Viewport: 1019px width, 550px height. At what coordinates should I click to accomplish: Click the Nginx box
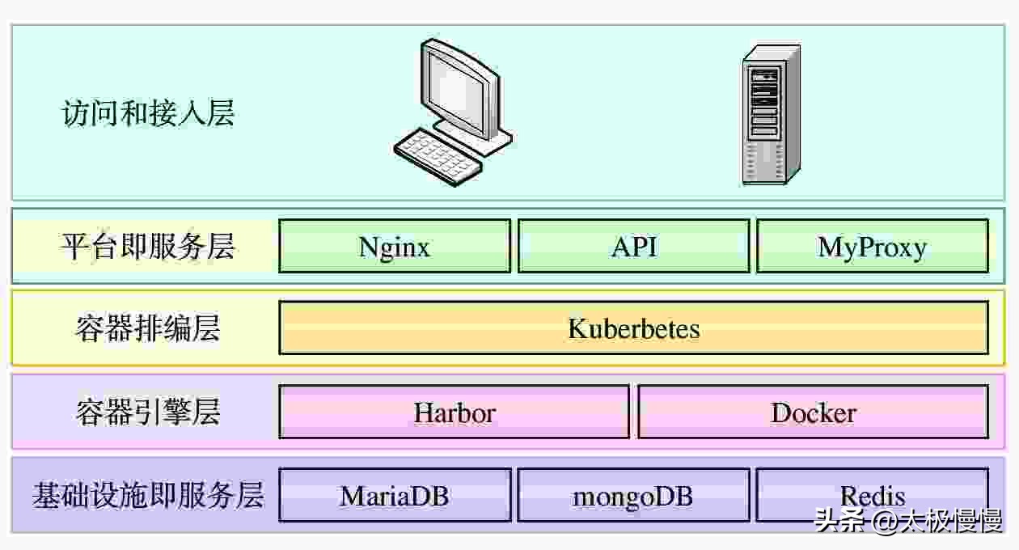click(395, 246)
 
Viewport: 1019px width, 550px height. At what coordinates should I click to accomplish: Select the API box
click(633, 246)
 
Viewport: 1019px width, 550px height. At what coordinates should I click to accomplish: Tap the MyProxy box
click(872, 246)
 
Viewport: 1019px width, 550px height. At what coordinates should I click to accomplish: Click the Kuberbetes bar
click(633, 328)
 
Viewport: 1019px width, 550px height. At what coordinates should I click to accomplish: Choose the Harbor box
click(454, 412)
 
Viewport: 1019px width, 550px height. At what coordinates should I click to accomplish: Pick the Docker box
click(813, 412)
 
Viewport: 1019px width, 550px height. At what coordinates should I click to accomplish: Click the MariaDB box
click(395, 495)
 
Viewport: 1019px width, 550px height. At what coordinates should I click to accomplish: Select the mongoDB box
click(633, 495)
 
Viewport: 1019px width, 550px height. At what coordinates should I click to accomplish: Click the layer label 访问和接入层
click(148, 113)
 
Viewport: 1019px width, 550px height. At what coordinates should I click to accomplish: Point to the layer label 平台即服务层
click(148, 246)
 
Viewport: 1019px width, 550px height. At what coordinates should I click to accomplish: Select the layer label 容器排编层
click(148, 328)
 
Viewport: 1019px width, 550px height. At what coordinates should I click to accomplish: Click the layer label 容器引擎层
click(148, 412)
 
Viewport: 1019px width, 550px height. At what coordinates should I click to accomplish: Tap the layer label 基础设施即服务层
click(148, 495)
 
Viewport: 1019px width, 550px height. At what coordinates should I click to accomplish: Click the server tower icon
click(771, 115)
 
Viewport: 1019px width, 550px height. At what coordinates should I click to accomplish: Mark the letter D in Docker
click(780, 412)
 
